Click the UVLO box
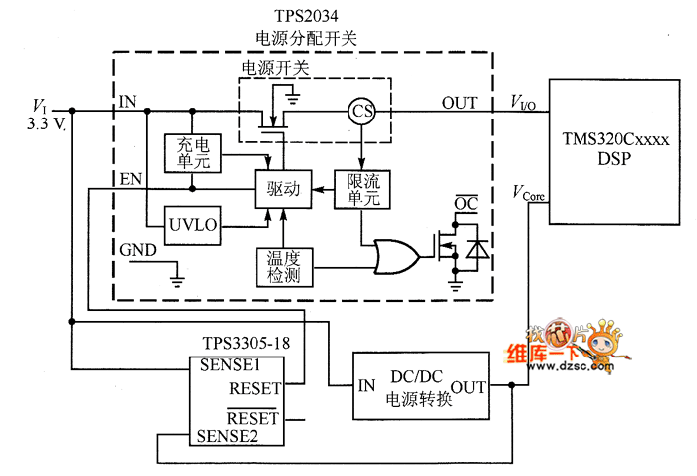click(193, 227)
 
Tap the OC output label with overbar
click(467, 204)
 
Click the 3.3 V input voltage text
click(44, 123)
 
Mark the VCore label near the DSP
click(530, 191)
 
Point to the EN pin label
click(130, 179)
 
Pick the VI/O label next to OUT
click(526, 102)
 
